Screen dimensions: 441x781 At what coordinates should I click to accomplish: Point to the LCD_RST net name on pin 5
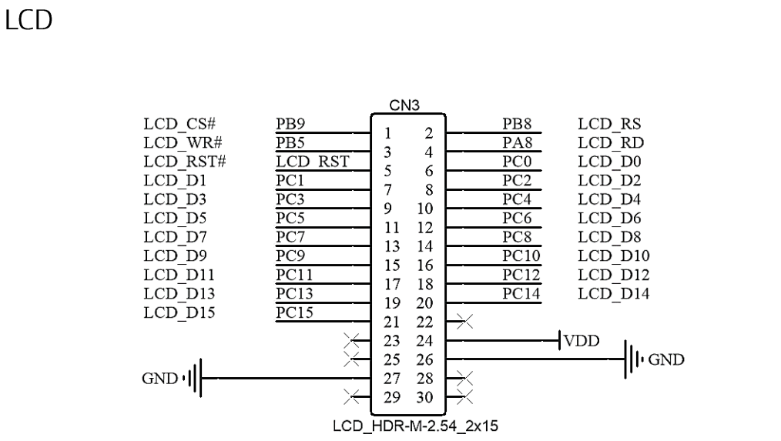[313, 161]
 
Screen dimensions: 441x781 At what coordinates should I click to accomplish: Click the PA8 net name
[517, 142]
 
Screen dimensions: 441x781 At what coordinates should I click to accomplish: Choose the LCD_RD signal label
[610, 142]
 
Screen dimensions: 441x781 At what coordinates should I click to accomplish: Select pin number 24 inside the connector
[424, 341]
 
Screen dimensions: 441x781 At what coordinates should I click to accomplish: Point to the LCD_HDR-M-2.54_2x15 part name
[409, 426]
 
